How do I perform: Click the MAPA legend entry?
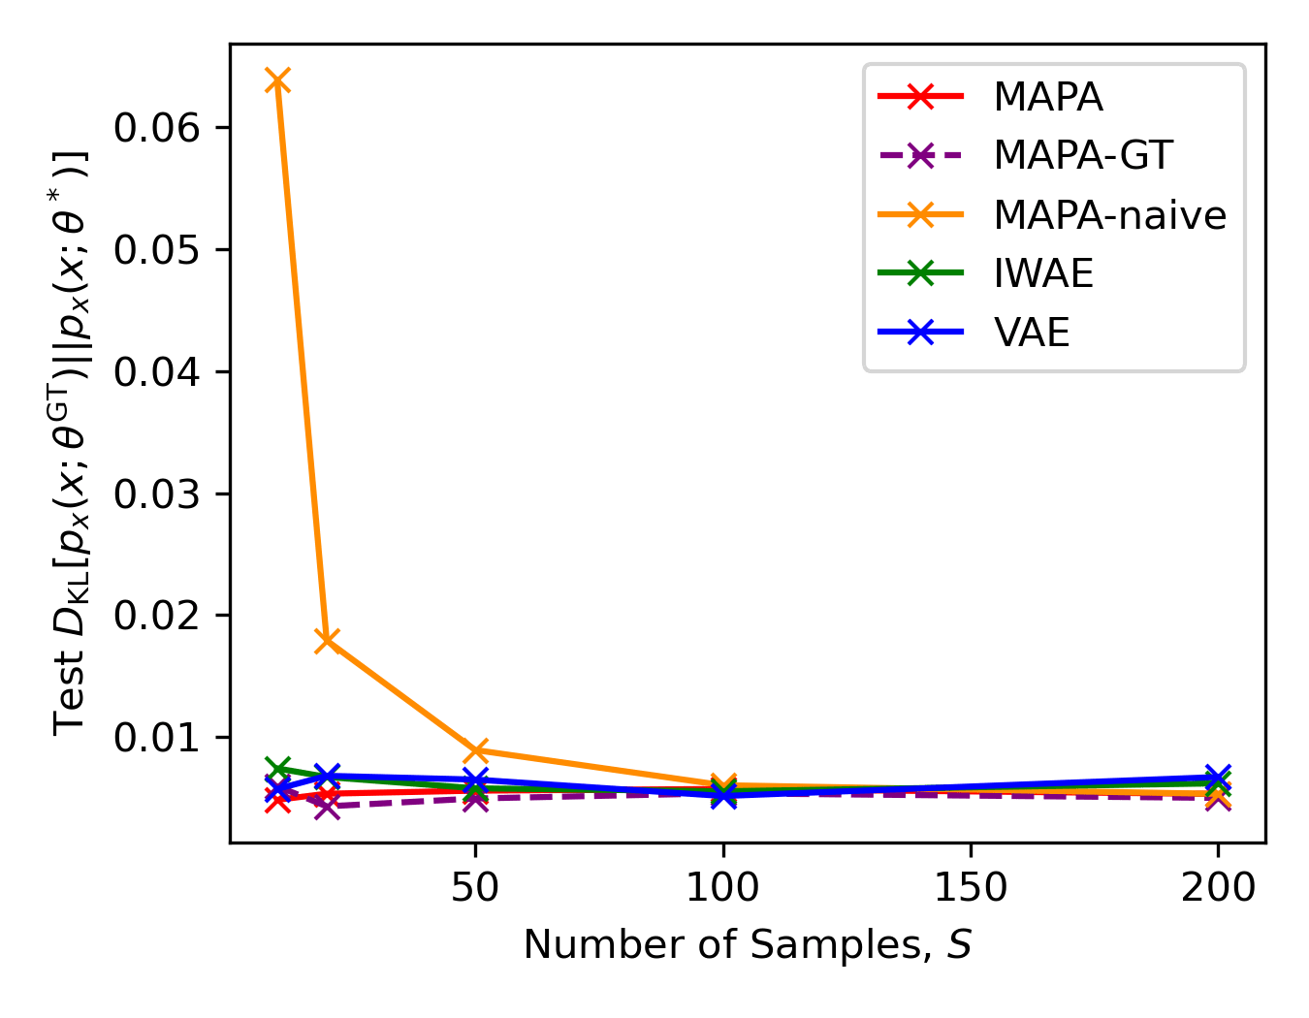click(1048, 97)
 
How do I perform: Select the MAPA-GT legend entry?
click(1083, 155)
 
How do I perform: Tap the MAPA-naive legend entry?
click(1109, 214)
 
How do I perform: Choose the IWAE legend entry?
click(1043, 274)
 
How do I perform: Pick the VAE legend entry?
click(1032, 333)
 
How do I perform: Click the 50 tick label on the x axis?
click(475, 887)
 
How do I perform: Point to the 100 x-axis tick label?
click(722, 887)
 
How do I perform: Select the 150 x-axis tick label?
click(971, 887)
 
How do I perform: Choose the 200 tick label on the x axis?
click(1218, 887)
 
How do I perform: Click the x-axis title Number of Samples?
click(748, 944)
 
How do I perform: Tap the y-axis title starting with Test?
click(73, 443)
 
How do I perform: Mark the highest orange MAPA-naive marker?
click(278, 80)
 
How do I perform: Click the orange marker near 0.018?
click(328, 640)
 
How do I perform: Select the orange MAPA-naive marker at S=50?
click(475, 750)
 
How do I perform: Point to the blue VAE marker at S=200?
click(1218, 777)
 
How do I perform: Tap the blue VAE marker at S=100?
click(722, 796)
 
